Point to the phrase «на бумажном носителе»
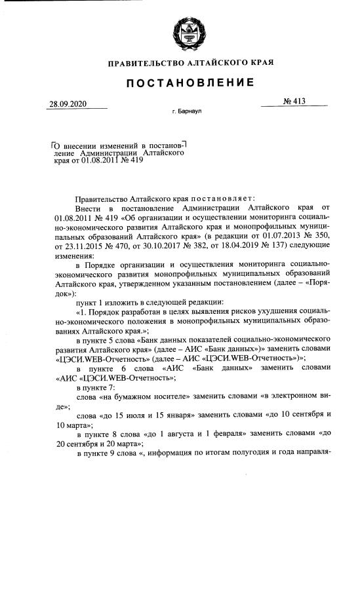pyautogui.click(x=144, y=396)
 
